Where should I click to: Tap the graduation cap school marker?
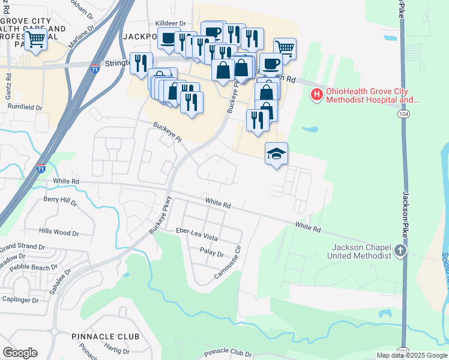(x=276, y=154)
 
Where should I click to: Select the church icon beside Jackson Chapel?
(x=400, y=251)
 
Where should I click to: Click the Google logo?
(x=20, y=352)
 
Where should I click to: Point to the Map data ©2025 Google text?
(x=412, y=355)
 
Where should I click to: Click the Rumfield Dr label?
(x=25, y=107)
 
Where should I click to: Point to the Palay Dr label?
(x=211, y=253)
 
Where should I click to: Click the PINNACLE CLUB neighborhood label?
(x=105, y=337)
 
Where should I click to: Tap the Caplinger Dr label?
(x=20, y=299)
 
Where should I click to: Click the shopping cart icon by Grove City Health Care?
(x=35, y=40)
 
